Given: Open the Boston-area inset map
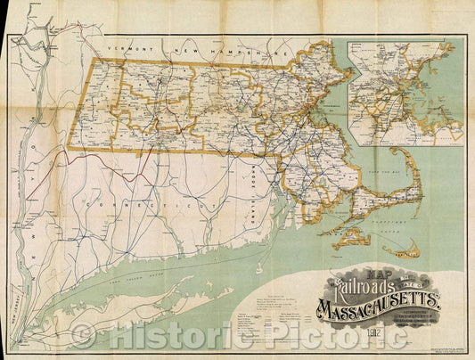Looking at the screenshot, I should (405, 93).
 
